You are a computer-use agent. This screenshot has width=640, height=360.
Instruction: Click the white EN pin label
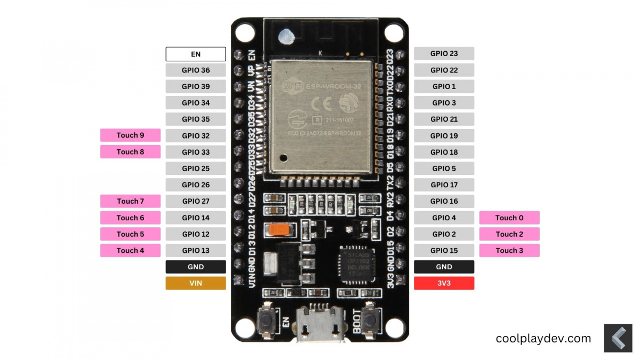[196, 54]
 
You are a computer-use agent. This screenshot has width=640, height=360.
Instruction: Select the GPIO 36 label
[196, 70]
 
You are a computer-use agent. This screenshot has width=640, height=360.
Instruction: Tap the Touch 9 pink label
[130, 135]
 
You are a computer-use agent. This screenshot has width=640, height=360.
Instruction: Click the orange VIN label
[196, 283]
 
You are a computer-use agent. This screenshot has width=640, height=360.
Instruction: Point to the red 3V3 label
[444, 283]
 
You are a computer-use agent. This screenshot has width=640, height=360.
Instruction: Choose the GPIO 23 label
[444, 54]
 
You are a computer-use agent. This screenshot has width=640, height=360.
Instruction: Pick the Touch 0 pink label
[509, 218]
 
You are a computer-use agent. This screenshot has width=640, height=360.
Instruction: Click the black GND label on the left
[196, 267]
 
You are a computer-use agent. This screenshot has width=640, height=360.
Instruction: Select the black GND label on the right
[444, 267]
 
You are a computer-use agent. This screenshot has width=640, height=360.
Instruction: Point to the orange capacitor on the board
[279, 229]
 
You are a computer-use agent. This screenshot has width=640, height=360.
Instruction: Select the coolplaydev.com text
[543, 338]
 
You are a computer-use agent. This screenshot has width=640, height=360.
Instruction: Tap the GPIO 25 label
[196, 169]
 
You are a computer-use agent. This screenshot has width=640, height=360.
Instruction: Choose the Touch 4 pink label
[130, 250]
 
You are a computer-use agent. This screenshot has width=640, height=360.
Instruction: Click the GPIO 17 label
[444, 185]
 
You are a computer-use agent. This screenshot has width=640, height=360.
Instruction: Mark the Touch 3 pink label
[509, 250]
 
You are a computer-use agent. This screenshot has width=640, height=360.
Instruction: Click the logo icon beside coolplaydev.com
[618, 338]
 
